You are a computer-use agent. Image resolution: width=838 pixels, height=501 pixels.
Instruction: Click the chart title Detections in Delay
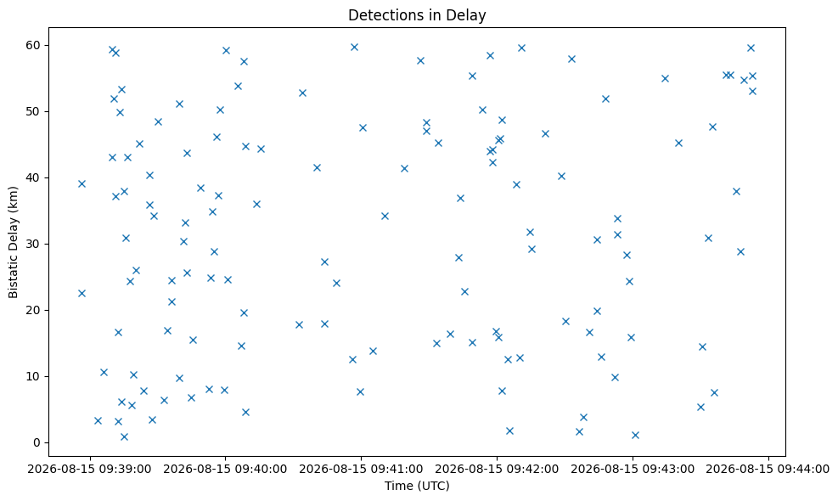point(417,15)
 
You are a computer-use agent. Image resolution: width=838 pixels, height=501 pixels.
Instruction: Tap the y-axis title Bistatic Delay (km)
point(14,242)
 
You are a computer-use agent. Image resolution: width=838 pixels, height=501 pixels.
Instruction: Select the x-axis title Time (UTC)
point(417,486)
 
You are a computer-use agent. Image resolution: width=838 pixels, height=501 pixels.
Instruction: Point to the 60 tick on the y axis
point(34,45)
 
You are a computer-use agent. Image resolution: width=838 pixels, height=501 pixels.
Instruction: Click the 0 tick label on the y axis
point(37,442)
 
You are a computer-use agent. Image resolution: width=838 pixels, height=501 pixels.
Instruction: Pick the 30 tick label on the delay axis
point(34,244)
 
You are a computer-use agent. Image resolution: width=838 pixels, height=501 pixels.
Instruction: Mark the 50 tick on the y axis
point(34,111)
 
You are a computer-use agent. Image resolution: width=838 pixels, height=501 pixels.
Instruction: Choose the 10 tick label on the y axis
point(34,376)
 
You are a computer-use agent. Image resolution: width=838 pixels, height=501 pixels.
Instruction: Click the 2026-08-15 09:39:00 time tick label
point(89,469)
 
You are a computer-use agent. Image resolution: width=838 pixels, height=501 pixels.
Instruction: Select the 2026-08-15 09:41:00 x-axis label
point(361,469)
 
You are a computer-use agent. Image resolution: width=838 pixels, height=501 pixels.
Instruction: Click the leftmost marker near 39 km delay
point(82,184)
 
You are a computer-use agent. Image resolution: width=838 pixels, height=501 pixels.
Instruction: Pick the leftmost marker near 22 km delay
point(82,294)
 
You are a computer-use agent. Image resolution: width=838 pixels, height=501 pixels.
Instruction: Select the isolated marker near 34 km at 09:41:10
point(385,216)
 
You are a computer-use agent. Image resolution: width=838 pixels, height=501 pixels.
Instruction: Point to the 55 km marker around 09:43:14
point(665,79)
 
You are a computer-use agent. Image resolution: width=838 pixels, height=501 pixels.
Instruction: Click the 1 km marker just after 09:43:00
point(635,436)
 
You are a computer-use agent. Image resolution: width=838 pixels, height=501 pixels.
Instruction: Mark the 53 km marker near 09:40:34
point(302,93)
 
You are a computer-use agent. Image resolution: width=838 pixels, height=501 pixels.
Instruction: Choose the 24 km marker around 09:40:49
point(336,284)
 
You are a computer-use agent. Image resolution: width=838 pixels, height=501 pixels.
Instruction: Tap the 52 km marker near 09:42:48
point(605,99)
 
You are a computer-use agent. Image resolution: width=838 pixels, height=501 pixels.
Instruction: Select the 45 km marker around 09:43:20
point(678,144)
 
